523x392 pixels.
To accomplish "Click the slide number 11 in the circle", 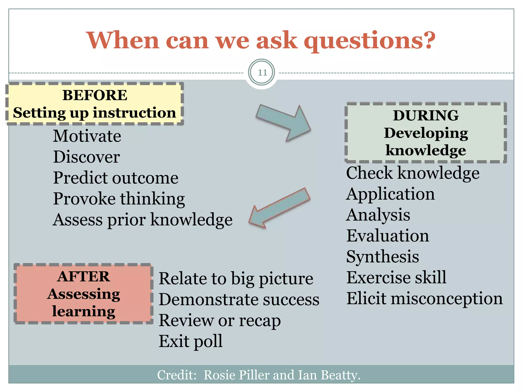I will tap(262, 72).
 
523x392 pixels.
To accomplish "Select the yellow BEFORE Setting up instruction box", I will tap(94, 104).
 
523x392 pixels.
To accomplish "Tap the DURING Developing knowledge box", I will tap(426, 133).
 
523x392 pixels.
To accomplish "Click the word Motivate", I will tap(87, 136).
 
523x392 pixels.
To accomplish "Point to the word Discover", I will tap(86, 157).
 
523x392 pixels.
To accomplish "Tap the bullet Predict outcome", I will tap(115, 178).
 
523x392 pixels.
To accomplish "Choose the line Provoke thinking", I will tap(119, 199).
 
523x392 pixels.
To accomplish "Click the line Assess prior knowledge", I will tap(142, 220).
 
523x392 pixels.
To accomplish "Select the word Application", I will tap(390, 194).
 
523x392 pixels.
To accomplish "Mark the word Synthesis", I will tap(382, 257).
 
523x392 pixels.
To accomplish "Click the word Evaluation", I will tap(387, 236).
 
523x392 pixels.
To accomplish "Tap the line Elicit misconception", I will tap(424, 298).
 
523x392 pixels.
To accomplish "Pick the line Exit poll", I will tap(191, 341).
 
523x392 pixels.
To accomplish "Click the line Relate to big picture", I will tap(236, 278).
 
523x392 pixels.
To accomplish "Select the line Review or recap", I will tap(220, 321).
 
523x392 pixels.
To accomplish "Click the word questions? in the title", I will tap(370, 41).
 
